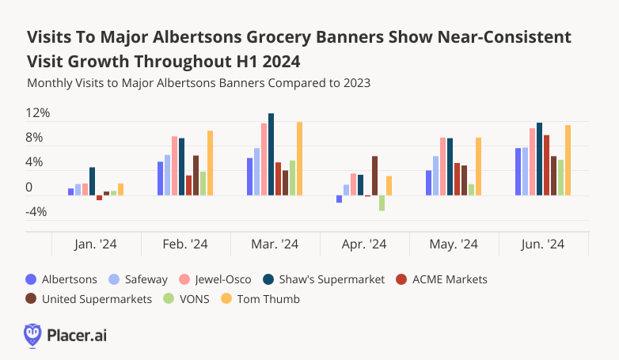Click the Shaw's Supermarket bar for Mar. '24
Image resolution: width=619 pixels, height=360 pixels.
272,154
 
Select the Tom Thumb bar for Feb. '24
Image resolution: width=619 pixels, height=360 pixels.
210,163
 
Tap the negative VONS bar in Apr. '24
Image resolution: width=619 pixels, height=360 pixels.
382,203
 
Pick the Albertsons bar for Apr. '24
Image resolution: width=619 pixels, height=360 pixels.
339,199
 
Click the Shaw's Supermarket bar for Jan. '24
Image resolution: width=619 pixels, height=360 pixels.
92,181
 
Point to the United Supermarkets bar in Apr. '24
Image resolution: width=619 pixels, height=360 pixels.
374,176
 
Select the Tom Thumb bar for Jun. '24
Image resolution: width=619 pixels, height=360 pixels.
568,160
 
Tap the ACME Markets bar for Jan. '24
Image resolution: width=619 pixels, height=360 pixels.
99,198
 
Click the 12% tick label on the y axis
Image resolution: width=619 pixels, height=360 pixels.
38,113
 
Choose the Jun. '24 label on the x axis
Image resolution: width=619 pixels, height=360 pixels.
543,245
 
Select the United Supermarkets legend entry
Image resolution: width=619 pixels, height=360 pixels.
89,299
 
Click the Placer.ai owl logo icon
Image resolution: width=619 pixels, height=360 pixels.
32,335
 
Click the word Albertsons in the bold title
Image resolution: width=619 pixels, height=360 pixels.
212,37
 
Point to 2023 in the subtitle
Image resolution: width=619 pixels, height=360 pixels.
356,82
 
